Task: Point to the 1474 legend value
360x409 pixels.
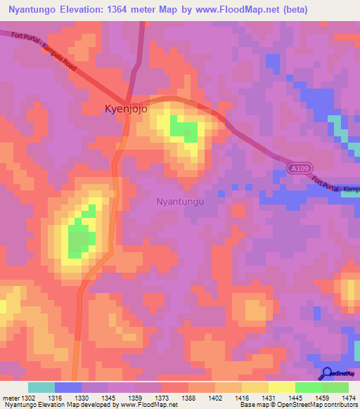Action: coord(348,398)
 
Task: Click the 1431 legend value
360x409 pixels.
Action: coord(268,398)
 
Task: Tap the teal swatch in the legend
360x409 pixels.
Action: coord(41,387)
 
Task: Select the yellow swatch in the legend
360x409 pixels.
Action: coord(281,387)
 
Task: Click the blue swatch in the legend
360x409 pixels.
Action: coord(67,387)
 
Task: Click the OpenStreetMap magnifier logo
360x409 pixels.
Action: coord(328,373)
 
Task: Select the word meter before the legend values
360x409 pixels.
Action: coord(11,398)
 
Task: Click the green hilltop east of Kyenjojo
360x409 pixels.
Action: coord(185,131)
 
